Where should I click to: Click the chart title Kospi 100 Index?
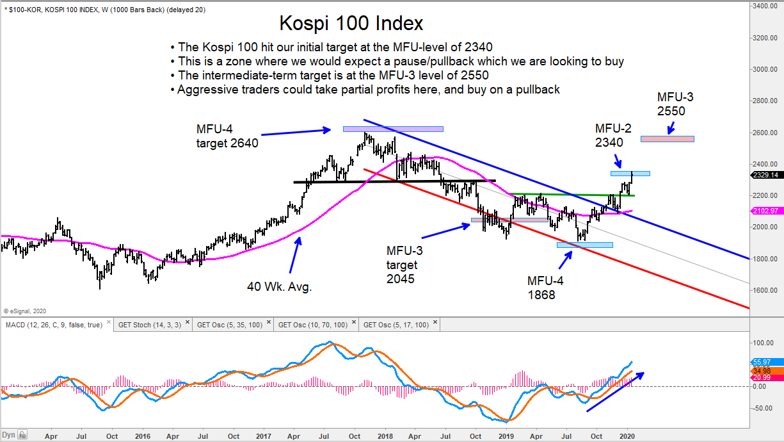click(x=351, y=24)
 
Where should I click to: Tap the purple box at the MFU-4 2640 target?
click(x=393, y=129)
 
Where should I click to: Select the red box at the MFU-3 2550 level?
click(x=668, y=139)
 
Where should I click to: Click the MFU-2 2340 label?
click(x=613, y=136)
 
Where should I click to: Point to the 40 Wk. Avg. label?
click(x=279, y=287)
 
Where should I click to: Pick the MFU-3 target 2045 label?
click(x=404, y=264)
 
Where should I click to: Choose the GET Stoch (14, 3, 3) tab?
click(x=154, y=325)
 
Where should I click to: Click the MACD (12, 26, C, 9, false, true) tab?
click(x=54, y=325)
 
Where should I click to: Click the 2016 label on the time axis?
click(x=143, y=436)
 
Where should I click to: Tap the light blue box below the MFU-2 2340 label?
click(x=630, y=173)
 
